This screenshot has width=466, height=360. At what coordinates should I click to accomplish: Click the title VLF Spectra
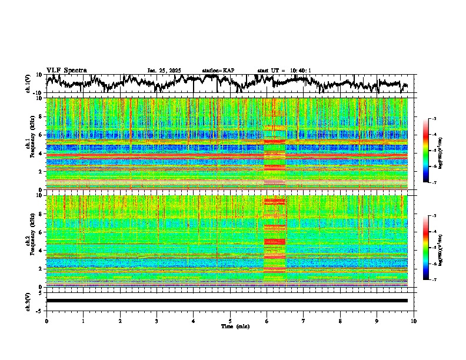coord(66,70)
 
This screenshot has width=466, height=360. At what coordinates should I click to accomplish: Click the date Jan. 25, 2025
coord(165,71)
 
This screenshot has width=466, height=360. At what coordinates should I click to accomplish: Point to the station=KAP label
coord(218,71)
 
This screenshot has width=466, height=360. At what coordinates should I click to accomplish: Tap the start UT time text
coord(284,71)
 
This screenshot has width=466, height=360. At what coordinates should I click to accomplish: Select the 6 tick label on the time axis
coord(267,321)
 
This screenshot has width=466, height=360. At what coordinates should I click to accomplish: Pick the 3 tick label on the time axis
coord(157,321)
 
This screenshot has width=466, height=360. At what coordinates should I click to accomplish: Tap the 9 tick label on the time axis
coord(377,321)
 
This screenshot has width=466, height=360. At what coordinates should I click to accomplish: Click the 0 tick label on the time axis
coord(46,321)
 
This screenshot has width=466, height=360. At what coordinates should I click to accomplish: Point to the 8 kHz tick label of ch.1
coord(41,116)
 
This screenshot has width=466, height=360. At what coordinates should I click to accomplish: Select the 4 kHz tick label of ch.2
coord(41,251)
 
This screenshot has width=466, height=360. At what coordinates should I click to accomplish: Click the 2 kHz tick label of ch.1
coord(41,171)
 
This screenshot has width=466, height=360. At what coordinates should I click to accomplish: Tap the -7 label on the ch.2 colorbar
coord(434,279)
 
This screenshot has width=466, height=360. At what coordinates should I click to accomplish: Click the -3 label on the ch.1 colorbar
coord(434,119)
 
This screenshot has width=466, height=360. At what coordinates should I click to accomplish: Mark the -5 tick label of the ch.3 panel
coord(40,309)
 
